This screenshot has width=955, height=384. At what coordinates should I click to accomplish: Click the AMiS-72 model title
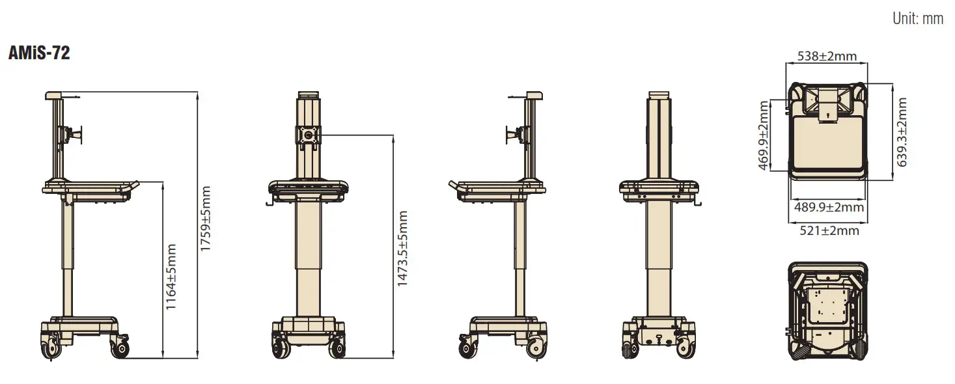(39, 53)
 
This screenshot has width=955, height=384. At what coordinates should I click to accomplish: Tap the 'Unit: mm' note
(918, 18)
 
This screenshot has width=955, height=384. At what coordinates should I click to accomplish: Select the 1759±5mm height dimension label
(206, 219)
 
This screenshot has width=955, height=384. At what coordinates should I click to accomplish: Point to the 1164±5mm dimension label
(171, 277)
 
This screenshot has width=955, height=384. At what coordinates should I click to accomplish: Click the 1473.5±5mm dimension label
(402, 249)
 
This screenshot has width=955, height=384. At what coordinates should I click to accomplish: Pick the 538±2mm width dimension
(827, 56)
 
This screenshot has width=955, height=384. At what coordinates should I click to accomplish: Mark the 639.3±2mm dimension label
(902, 132)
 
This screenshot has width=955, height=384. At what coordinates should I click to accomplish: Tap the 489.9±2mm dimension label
(829, 207)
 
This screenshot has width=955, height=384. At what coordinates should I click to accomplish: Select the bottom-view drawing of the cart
(827, 310)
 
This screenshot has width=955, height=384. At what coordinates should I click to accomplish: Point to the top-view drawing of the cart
(827, 130)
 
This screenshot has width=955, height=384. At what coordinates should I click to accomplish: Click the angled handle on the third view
(455, 187)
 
